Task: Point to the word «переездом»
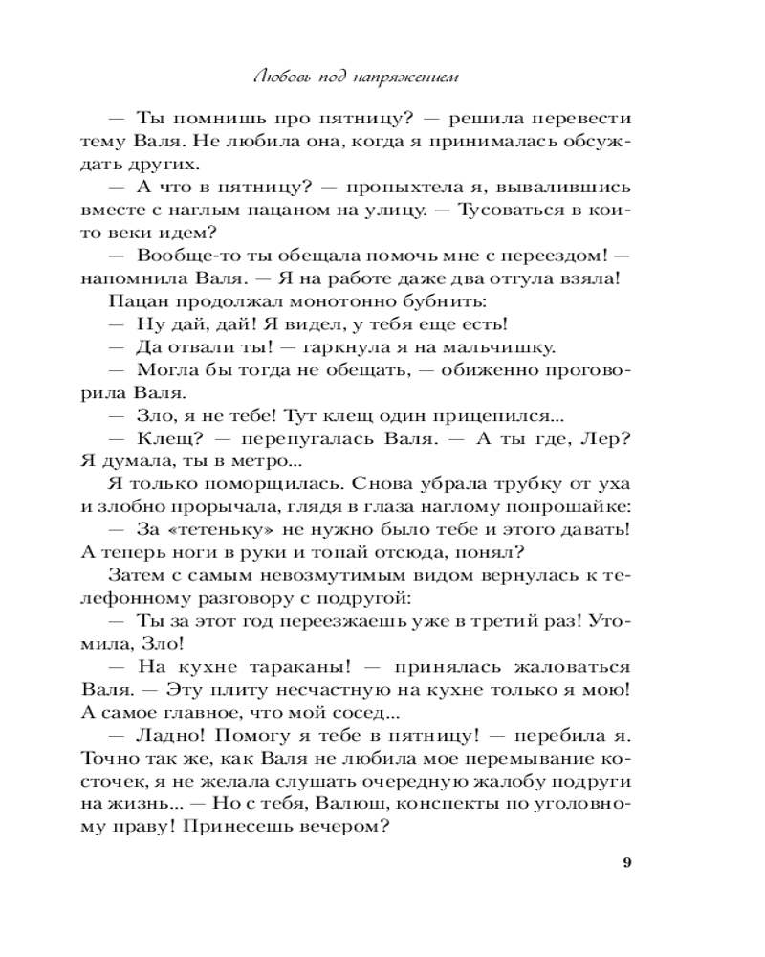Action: coord(546,256)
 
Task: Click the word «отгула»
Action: coord(502,278)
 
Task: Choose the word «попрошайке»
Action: coord(560,508)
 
